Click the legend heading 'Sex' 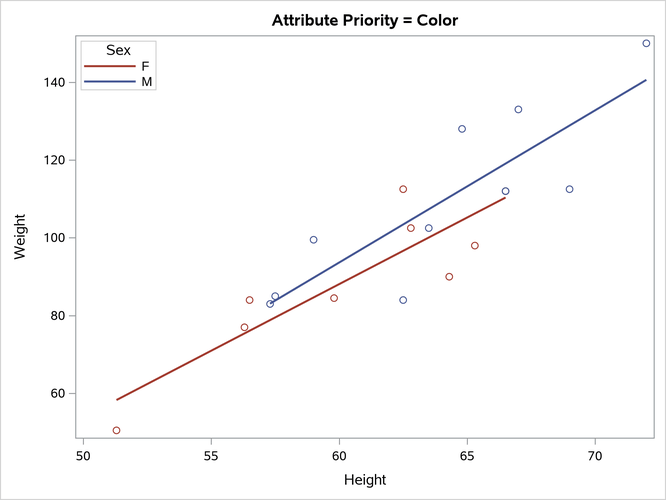pyautogui.click(x=118, y=49)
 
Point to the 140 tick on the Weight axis pyautogui.click(x=58, y=82)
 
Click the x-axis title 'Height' pyautogui.click(x=365, y=480)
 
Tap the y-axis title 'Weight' pyautogui.click(x=21, y=238)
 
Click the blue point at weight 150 pyautogui.click(x=646, y=44)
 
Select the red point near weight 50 pyautogui.click(x=117, y=430)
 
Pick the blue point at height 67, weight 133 pyautogui.click(x=518, y=109)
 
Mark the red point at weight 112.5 pyautogui.click(x=403, y=189)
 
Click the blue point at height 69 pyautogui.click(x=569, y=189)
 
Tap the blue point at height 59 pyautogui.click(x=313, y=240)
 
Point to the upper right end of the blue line pyautogui.click(x=646, y=80)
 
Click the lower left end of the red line pyautogui.click(x=117, y=400)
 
